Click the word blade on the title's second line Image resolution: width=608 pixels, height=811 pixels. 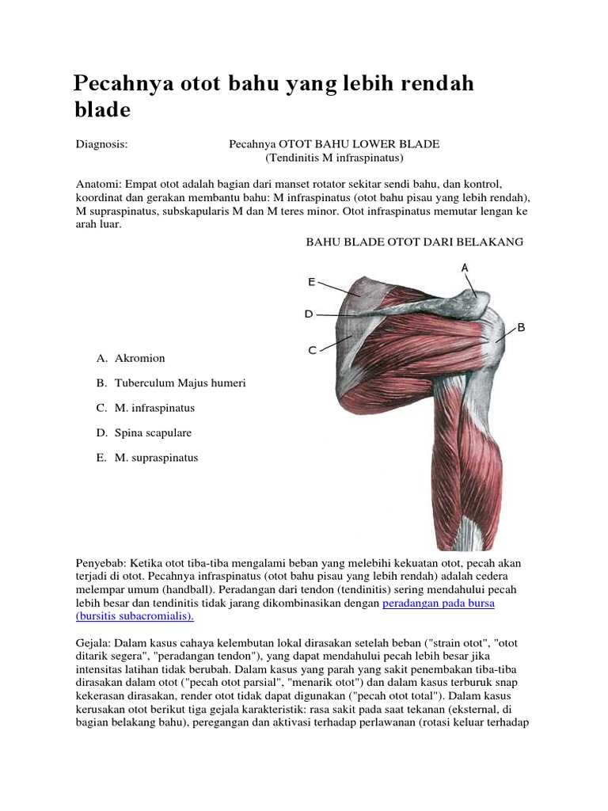[x=102, y=110]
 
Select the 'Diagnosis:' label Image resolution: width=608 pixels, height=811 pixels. [x=101, y=144]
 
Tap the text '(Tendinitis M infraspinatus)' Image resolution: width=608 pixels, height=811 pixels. [x=334, y=158]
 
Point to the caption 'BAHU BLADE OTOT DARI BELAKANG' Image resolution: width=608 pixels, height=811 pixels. [x=415, y=242]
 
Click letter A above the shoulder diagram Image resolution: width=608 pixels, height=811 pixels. [x=465, y=268]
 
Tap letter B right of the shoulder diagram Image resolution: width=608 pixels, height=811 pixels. [x=521, y=326]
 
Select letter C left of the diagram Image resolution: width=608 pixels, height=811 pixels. [x=312, y=349]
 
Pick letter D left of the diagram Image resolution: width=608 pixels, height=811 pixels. [x=310, y=314]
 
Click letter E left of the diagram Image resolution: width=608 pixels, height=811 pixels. [x=311, y=281]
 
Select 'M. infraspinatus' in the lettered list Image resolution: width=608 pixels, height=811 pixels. [x=154, y=408]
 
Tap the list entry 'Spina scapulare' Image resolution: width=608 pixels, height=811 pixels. [x=153, y=433]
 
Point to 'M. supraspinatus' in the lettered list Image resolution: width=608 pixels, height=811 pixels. [x=156, y=458]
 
